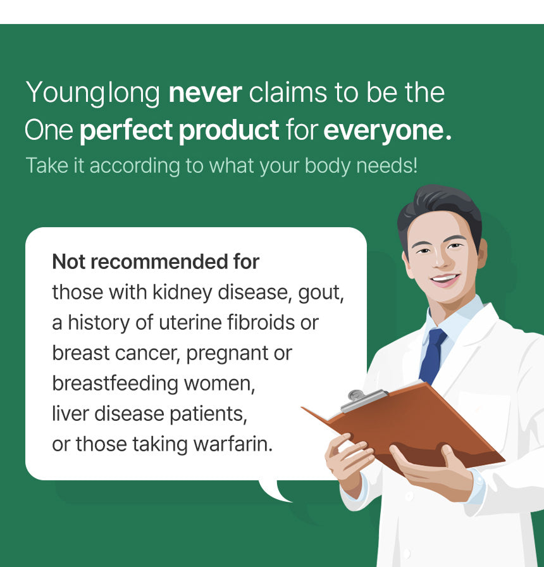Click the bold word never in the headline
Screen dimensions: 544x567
click(x=205, y=93)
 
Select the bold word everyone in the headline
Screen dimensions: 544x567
click(x=388, y=131)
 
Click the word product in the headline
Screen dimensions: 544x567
click(x=229, y=130)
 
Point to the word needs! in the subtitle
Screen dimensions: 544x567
click(x=386, y=166)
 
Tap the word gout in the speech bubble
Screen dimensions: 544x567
click(x=321, y=293)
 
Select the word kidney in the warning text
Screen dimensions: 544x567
click(x=182, y=292)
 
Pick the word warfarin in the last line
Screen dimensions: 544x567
click(x=233, y=444)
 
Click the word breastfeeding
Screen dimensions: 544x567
click(x=115, y=383)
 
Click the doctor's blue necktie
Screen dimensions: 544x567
click(x=432, y=356)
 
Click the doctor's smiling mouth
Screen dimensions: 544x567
click(x=445, y=279)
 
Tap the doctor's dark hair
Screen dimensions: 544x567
click(x=440, y=209)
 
